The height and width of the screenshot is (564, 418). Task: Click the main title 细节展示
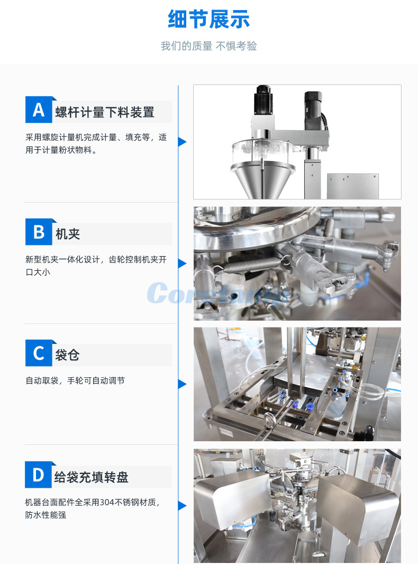pyautogui.click(x=208, y=20)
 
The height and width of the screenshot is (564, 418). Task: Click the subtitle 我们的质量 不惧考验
pyautogui.click(x=208, y=47)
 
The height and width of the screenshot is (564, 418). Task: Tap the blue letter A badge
pyautogui.click(x=39, y=110)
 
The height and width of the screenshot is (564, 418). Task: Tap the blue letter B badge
pyautogui.click(x=39, y=232)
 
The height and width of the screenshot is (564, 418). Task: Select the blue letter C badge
pyautogui.click(x=39, y=353)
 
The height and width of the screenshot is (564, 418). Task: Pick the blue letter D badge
pyautogui.click(x=39, y=475)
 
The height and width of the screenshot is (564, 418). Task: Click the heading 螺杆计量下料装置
pyautogui.click(x=105, y=112)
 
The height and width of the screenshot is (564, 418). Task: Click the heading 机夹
pyautogui.click(x=68, y=234)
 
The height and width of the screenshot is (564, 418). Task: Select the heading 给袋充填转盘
pyautogui.click(x=91, y=477)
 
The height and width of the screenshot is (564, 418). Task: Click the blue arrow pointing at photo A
pyautogui.click(x=182, y=142)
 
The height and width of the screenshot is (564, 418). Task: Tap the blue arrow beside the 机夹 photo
pyautogui.click(x=182, y=263)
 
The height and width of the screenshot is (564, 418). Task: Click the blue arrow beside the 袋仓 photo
pyautogui.click(x=182, y=384)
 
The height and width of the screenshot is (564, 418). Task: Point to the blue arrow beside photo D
pyautogui.click(x=182, y=505)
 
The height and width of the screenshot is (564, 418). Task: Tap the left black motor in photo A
pyautogui.click(x=263, y=101)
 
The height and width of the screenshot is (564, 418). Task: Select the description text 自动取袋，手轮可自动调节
pyautogui.click(x=75, y=380)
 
